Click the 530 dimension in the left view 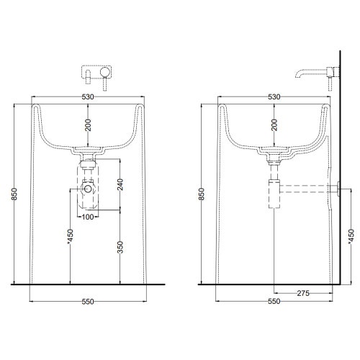click(89, 96)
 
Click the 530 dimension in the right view click(274, 96)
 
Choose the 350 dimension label click(118, 247)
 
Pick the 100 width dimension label click(89, 217)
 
